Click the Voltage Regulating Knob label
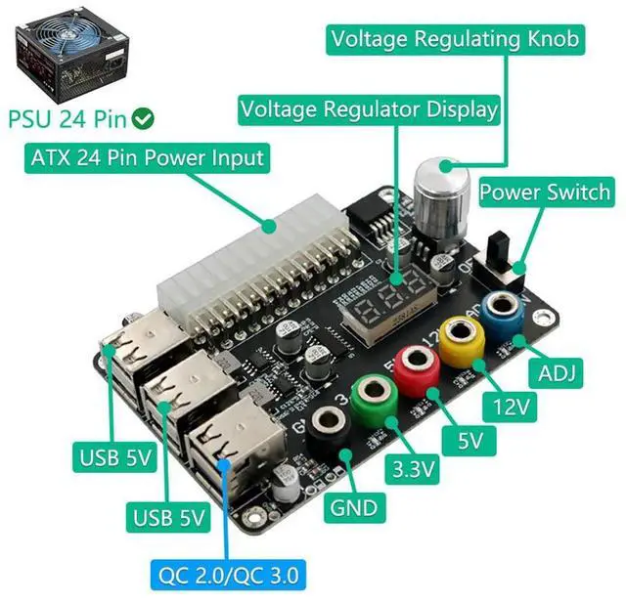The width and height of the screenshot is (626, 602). click(456, 39)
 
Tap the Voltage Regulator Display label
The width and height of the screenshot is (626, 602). click(370, 108)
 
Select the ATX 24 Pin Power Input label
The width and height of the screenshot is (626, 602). click(147, 156)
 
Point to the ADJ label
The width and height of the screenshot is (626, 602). click(556, 371)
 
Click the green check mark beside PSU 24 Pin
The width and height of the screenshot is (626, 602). click(145, 119)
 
